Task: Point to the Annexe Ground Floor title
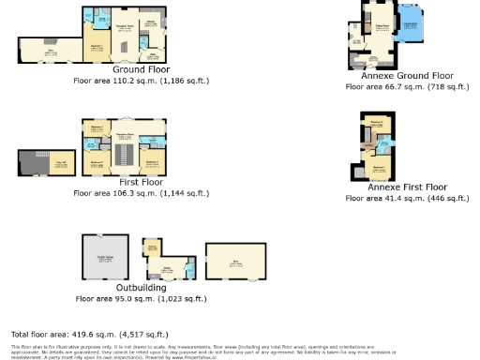[x=408, y=76]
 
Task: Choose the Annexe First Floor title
[x=406, y=187]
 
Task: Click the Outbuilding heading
[x=141, y=287]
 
